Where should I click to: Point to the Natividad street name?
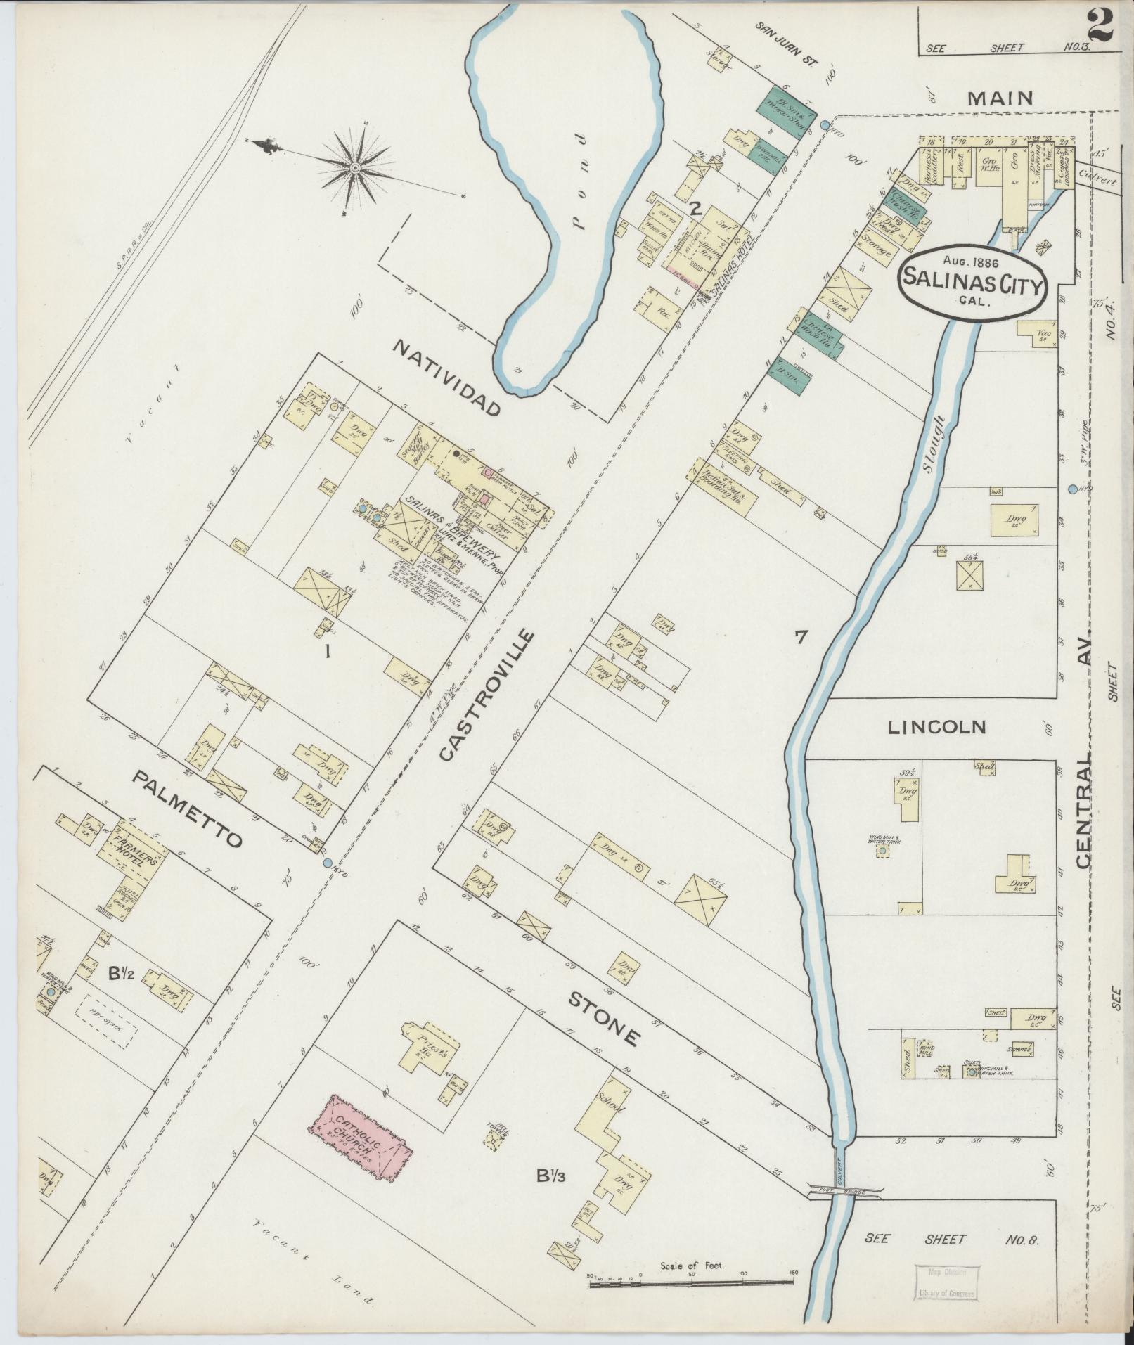pyautogui.click(x=447, y=377)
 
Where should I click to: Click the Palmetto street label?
pyautogui.click(x=187, y=808)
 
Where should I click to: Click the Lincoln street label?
pyautogui.click(x=938, y=727)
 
